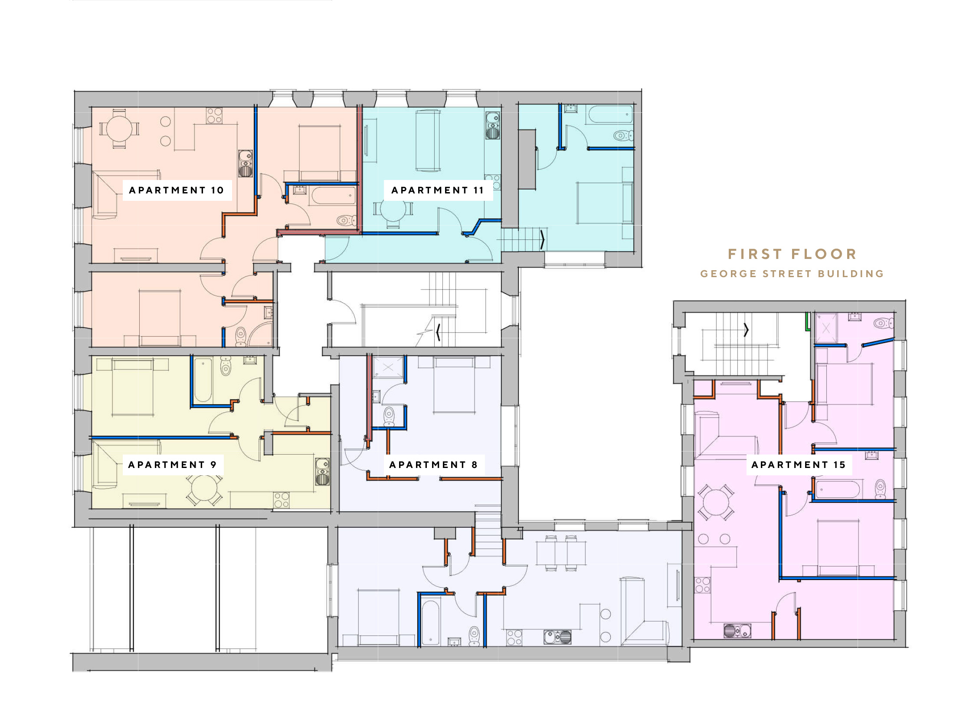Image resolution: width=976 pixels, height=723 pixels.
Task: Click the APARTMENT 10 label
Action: pyautogui.click(x=177, y=190)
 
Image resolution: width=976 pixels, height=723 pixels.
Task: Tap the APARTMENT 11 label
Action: pyautogui.click(x=437, y=190)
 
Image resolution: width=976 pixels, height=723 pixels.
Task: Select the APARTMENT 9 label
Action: pyautogui.click(x=173, y=465)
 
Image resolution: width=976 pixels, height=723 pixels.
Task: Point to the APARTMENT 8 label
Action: pyautogui.click(x=433, y=465)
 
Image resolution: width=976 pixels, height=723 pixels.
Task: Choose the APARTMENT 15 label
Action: pyautogui.click(x=799, y=465)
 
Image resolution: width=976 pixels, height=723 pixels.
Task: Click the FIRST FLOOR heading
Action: pyautogui.click(x=792, y=254)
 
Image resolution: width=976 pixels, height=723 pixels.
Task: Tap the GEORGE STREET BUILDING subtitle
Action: pyautogui.click(x=792, y=274)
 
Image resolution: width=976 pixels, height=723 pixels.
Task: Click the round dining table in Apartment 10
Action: pyautogui.click(x=119, y=129)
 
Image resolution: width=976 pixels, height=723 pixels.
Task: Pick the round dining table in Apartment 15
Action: pyautogui.click(x=716, y=502)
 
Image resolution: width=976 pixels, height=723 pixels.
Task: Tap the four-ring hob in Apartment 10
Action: pyautogui.click(x=214, y=115)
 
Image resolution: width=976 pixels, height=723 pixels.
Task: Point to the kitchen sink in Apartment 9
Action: pyautogui.click(x=323, y=471)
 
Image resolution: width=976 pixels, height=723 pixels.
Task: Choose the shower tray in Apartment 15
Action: pyautogui.click(x=826, y=328)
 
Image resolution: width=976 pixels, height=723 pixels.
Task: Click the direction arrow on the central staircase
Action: pyautogui.click(x=438, y=332)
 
